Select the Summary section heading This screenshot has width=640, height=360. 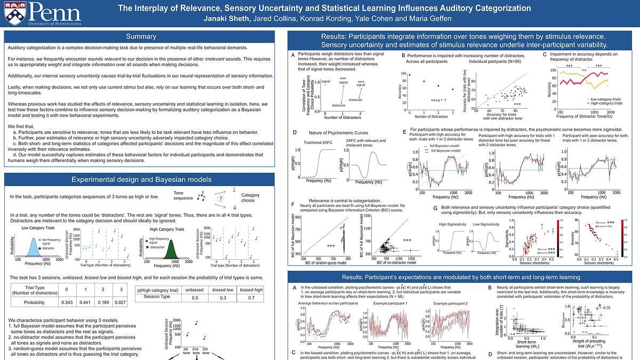click(141, 37)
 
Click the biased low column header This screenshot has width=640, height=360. click(223, 290)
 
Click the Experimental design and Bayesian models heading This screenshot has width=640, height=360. click(141, 179)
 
